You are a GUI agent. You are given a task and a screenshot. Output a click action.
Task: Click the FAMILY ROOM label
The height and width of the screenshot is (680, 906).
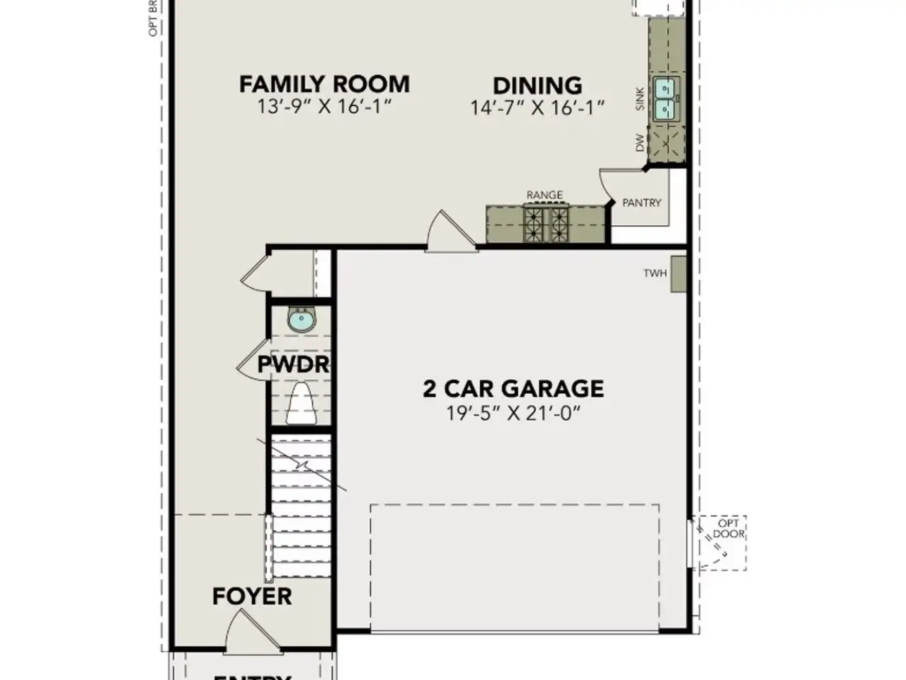coord(324,84)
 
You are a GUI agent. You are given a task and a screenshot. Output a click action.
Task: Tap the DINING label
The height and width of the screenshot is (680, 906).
coord(537,86)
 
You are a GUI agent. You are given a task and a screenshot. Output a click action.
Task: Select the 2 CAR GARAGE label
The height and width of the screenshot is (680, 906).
coord(513,388)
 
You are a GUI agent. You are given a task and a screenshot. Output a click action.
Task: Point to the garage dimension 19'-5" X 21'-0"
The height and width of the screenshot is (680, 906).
coord(513,413)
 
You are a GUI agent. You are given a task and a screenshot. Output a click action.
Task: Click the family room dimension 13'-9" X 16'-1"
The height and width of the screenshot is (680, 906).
coord(324,107)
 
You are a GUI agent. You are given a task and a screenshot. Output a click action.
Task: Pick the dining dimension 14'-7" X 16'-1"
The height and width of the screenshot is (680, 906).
coord(537,108)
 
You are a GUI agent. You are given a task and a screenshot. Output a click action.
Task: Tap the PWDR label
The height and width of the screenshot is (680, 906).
coord(294,365)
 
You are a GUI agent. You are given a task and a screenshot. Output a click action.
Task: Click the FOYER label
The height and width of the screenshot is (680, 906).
coord(252,596)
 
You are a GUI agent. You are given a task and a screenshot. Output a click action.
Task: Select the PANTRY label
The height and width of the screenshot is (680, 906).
coord(641,203)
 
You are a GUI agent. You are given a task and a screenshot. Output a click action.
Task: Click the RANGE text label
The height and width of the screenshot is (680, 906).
coord(544,195)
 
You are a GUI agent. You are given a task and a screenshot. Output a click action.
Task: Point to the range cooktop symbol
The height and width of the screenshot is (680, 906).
coord(545,222)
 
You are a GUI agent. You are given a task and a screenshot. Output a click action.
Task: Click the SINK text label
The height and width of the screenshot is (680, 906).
coord(641,98)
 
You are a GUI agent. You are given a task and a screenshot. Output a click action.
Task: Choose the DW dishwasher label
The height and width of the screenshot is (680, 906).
coord(641,142)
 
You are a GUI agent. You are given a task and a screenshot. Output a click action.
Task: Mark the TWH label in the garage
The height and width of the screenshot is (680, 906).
coord(655,273)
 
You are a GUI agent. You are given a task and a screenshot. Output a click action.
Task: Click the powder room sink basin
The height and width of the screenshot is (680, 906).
coord(302,319)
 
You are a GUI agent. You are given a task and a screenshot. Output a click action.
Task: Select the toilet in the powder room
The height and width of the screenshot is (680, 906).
coord(302,404)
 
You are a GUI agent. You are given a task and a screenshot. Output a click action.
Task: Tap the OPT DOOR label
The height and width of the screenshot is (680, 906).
coord(728,528)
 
